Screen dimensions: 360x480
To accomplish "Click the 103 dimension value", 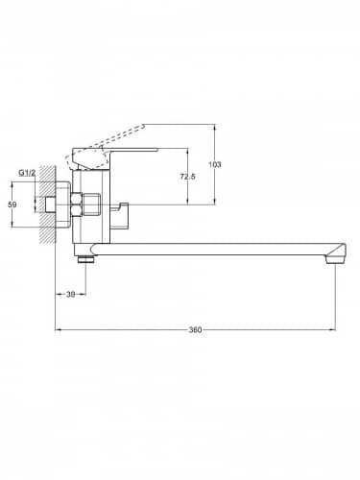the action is (x=215, y=164).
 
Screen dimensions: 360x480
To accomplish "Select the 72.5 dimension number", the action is (x=187, y=177).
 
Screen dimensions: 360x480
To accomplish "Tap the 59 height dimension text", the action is (x=12, y=204).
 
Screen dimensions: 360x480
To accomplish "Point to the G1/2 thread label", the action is (x=27, y=173).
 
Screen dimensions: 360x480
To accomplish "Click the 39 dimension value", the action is (x=70, y=295).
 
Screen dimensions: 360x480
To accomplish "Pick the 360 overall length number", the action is (x=195, y=329).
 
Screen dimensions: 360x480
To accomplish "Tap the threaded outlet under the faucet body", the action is (x=85, y=258).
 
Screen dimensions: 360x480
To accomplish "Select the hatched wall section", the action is (x=48, y=204).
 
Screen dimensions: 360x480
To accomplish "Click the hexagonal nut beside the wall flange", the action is (x=78, y=204).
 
